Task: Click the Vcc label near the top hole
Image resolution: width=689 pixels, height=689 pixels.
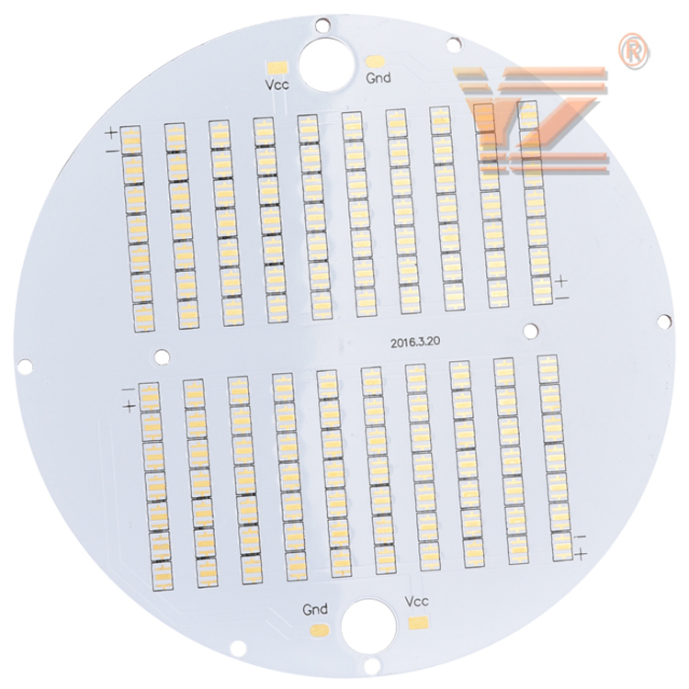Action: coord(277,84)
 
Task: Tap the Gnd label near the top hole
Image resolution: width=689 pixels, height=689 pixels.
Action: coord(378,78)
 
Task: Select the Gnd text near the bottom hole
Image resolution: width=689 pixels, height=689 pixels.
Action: coord(315,609)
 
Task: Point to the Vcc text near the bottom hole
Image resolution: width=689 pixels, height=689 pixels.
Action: coord(415,602)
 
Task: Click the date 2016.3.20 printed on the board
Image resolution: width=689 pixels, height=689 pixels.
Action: coord(415,343)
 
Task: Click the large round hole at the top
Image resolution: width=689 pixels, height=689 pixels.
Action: coord(326,63)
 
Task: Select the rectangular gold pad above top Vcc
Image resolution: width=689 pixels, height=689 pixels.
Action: coord(277,67)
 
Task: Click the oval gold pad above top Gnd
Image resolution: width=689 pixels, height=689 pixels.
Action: coord(376,61)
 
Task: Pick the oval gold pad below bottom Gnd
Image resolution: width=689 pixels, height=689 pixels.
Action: coord(320,630)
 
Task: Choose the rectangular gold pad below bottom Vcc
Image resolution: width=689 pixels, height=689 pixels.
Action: coord(419,623)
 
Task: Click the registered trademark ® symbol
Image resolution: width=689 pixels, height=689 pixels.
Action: coord(633,51)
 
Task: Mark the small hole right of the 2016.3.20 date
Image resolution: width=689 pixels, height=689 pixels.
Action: coord(530,331)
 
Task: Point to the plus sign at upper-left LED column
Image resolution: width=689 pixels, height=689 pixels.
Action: coord(112,132)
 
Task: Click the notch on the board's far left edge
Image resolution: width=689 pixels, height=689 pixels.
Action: coord(24,367)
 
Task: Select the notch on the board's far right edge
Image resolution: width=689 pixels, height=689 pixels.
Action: coord(665,322)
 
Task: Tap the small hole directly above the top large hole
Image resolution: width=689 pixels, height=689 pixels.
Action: coord(322,25)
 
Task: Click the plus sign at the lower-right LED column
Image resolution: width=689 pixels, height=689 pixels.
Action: coord(581,554)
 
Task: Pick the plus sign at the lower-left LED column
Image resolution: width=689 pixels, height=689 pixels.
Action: coord(130,406)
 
